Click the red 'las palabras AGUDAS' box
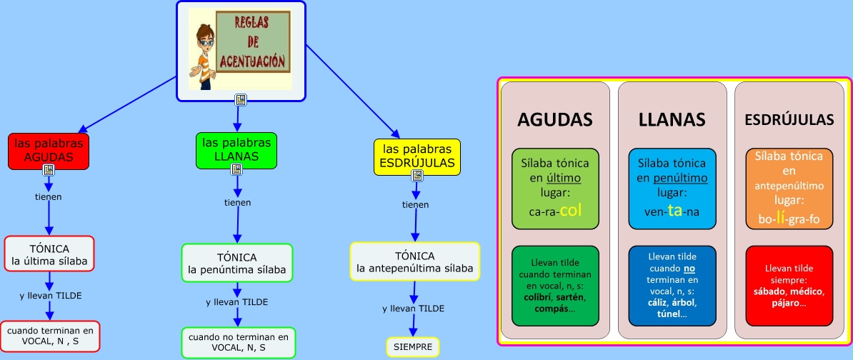49,150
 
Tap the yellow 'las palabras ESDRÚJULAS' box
417,156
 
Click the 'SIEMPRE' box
412,346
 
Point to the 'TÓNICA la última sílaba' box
49,255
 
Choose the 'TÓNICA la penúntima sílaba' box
236,263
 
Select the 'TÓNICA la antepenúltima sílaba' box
414,261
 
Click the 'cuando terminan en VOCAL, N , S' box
50,336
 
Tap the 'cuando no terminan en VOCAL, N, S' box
238,341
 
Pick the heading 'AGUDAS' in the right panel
555,119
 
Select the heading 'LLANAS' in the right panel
672,119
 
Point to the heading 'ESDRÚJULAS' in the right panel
789,119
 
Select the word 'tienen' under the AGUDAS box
49,196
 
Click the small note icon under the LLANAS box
236,169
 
